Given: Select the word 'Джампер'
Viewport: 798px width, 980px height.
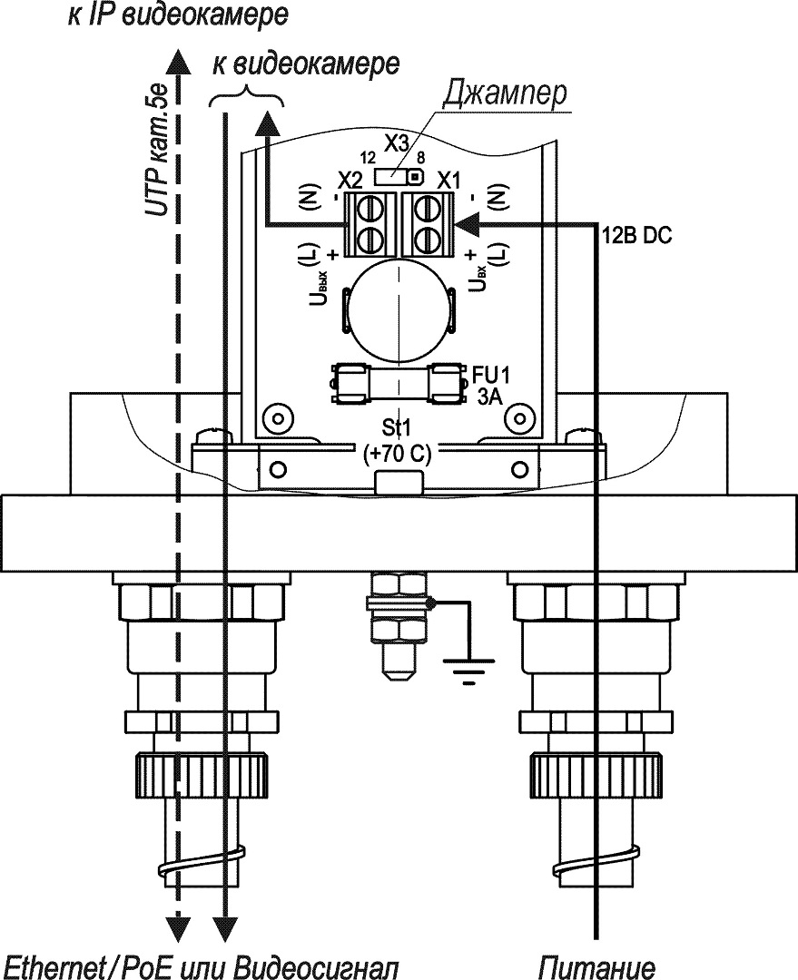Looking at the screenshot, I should (x=504, y=94).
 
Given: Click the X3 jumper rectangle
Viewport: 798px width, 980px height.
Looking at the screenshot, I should (x=400, y=175).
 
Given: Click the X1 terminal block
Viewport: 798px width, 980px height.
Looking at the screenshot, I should (x=427, y=223).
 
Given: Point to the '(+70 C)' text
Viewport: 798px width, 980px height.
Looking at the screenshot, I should (x=398, y=456).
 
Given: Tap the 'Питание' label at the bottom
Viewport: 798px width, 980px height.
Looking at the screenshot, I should (x=596, y=965).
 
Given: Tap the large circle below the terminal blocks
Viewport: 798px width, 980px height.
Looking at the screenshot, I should (x=399, y=309).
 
